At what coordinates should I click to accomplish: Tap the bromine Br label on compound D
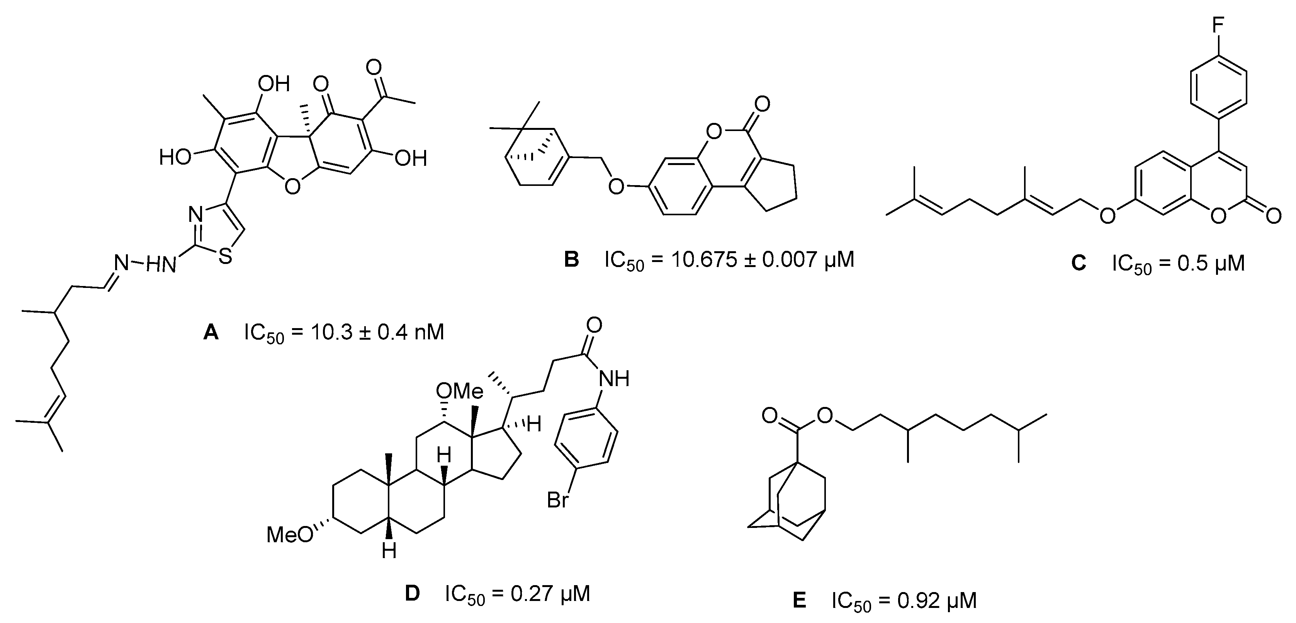pyautogui.click(x=558, y=500)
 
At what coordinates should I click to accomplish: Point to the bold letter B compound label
pyautogui.click(x=572, y=260)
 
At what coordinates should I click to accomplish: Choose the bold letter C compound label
pyautogui.click(x=1078, y=263)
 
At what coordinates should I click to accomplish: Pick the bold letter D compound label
pyautogui.click(x=412, y=594)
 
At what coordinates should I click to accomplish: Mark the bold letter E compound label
pyautogui.click(x=799, y=601)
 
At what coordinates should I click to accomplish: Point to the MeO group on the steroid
pyautogui.click(x=289, y=534)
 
